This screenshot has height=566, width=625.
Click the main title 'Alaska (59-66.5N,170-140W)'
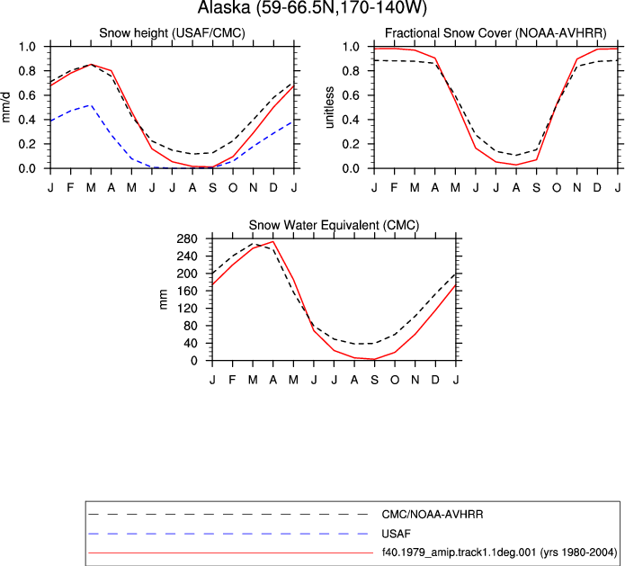point(312,7)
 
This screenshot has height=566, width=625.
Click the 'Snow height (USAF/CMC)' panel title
point(172,32)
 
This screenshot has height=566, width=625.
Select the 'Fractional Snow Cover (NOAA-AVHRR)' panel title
point(496,32)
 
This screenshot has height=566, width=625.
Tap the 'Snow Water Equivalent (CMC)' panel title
point(334,225)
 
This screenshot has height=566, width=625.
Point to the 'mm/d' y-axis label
point(5,107)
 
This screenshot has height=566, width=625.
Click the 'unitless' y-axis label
point(329,107)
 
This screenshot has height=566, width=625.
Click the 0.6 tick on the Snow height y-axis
point(27,95)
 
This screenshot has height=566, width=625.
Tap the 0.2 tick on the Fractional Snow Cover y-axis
point(351,144)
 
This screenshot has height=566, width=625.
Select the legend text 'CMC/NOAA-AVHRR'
point(433,515)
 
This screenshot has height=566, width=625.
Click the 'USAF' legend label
point(396,534)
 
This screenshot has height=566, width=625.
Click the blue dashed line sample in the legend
point(228,534)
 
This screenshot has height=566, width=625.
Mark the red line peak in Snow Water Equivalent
point(273,241)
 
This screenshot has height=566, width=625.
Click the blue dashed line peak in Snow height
point(92,105)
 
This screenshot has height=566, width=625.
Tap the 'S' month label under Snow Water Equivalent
point(375,380)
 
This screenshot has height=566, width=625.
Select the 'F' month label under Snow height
point(70,187)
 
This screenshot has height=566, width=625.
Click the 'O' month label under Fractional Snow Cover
point(557,187)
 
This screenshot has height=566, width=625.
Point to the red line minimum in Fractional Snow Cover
point(516,165)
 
